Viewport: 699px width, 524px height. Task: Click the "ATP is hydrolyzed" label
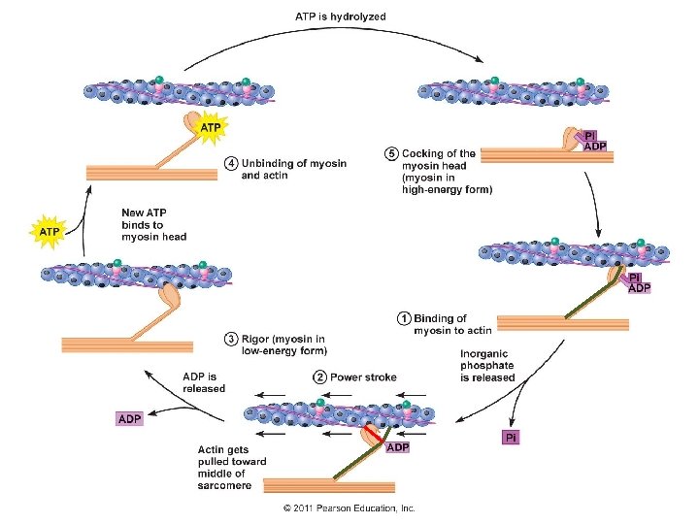(x=341, y=16)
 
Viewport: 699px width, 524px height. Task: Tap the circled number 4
(x=231, y=164)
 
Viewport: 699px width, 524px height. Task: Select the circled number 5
(x=391, y=153)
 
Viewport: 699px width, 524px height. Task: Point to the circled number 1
(x=404, y=318)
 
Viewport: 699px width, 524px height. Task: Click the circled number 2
(x=319, y=377)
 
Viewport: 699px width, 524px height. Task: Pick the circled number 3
(x=231, y=340)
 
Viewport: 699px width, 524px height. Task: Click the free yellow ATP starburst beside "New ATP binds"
(x=49, y=232)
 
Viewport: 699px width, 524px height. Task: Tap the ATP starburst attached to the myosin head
(x=211, y=128)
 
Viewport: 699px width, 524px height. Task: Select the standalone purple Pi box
(x=511, y=438)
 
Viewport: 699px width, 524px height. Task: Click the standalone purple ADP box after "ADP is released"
(x=130, y=419)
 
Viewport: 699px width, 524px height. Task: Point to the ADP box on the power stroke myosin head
(x=397, y=447)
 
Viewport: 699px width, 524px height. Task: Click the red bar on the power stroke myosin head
(x=373, y=434)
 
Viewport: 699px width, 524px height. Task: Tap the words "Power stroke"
(x=363, y=377)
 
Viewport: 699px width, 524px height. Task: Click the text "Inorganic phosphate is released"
(x=487, y=366)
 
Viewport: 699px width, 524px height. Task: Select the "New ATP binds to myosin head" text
(x=153, y=224)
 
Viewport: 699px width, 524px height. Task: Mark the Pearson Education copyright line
(x=349, y=508)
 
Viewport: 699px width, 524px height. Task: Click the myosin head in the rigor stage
(x=170, y=295)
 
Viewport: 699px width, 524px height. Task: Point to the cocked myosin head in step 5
(x=571, y=139)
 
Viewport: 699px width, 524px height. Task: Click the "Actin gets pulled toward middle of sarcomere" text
(x=232, y=468)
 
